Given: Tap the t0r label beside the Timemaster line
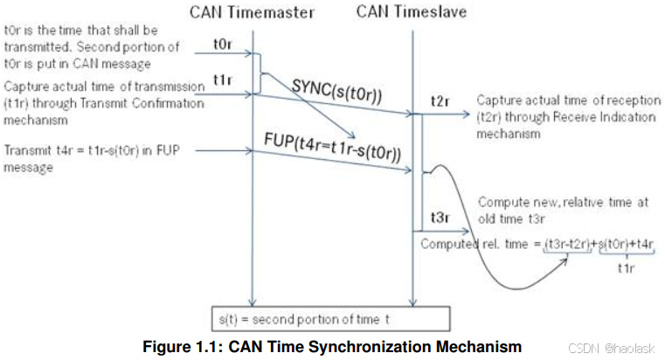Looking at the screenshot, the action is (x=222, y=41).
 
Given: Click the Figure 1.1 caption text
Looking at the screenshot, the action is (x=332, y=346).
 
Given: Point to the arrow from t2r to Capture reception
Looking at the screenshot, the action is (x=449, y=113).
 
